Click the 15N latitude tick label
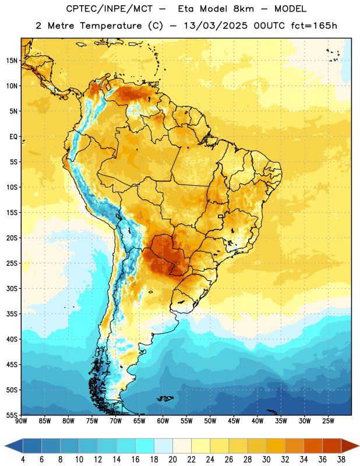12,61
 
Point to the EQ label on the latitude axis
13,137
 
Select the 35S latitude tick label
12,314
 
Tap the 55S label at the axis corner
12,415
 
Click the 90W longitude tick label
21,421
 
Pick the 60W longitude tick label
163,421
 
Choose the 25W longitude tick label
328,421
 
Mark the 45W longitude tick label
234,421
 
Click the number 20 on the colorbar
172,460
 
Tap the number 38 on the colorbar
341,460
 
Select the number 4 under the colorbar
23,460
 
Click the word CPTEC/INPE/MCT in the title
110,9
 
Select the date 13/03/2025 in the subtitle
216,26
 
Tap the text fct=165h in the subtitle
314,26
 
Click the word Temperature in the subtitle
111,26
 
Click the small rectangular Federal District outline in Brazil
221,216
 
